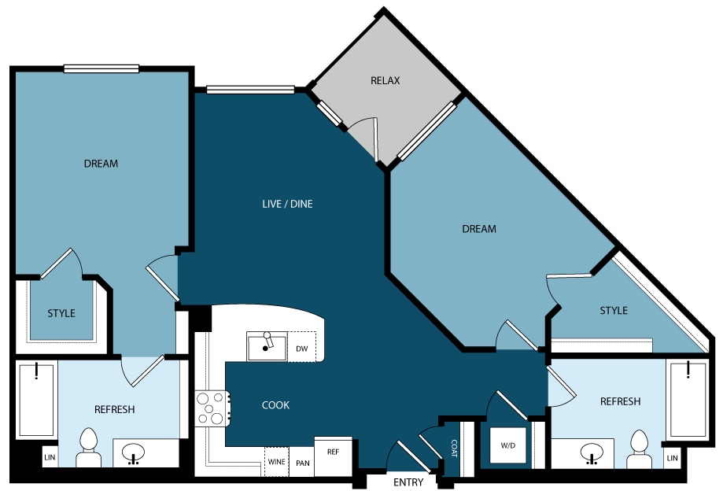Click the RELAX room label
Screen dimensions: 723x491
(385, 81)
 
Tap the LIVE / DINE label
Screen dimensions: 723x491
(287, 204)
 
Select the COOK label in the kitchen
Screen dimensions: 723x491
(275, 404)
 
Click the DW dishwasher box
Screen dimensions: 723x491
(302, 347)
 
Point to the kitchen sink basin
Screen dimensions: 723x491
(267, 346)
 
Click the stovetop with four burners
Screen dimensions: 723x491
(212, 408)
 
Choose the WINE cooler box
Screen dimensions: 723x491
(277, 462)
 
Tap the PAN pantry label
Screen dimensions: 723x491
(302, 463)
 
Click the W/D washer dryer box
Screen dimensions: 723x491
(507, 445)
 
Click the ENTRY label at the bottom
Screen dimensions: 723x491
(408, 482)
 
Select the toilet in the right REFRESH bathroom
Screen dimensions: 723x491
(639, 449)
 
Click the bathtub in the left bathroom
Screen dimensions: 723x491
(37, 399)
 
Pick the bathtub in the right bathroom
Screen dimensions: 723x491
(688, 399)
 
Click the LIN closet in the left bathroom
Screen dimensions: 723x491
(50, 457)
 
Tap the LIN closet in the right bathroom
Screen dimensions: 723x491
(673, 458)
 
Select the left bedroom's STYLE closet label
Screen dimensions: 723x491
(61, 313)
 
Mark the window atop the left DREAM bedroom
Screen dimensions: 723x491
(101, 68)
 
